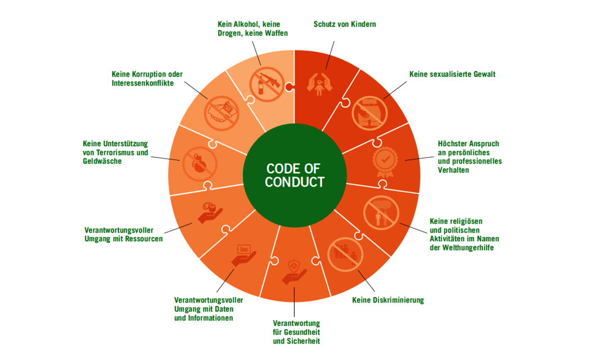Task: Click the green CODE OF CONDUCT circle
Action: (x=295, y=175)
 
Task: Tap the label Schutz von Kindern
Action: (x=345, y=24)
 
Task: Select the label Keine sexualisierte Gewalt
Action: (x=452, y=74)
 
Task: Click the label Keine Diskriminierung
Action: (x=388, y=300)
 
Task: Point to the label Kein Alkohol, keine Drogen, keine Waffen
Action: (x=252, y=29)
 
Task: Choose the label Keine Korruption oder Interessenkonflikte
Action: (x=147, y=78)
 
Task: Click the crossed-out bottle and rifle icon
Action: (x=267, y=84)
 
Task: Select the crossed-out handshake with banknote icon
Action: (x=222, y=113)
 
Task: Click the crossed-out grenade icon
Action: (x=200, y=164)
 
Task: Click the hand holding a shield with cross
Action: (x=294, y=272)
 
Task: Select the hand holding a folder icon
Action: (x=243, y=255)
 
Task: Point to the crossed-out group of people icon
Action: (x=345, y=254)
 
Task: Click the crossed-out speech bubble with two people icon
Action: (x=381, y=213)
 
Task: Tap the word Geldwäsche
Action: (x=102, y=161)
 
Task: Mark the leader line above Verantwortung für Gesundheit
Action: (x=294, y=302)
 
